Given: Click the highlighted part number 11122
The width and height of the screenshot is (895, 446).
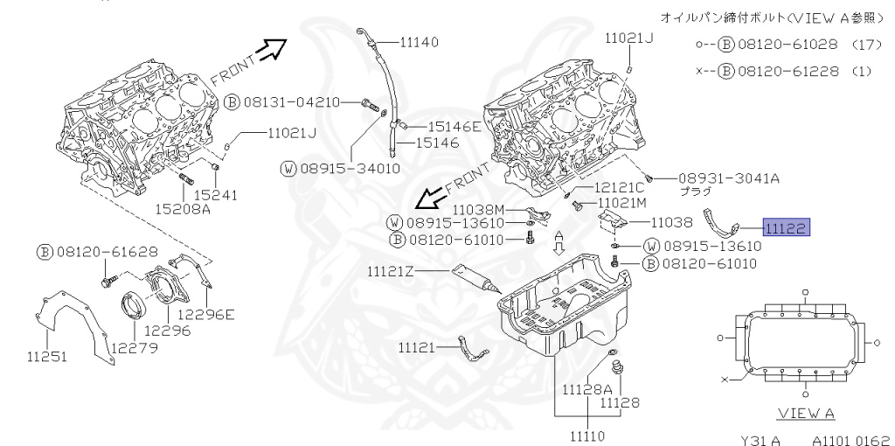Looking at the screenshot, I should click(787, 227).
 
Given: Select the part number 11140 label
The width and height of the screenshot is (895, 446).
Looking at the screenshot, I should click(420, 42).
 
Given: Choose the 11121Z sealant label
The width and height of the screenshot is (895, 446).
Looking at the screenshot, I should click(390, 271).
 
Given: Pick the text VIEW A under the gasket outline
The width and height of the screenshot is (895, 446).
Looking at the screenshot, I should click(805, 413).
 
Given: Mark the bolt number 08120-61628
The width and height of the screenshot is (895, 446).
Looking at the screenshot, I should click(107, 252).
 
